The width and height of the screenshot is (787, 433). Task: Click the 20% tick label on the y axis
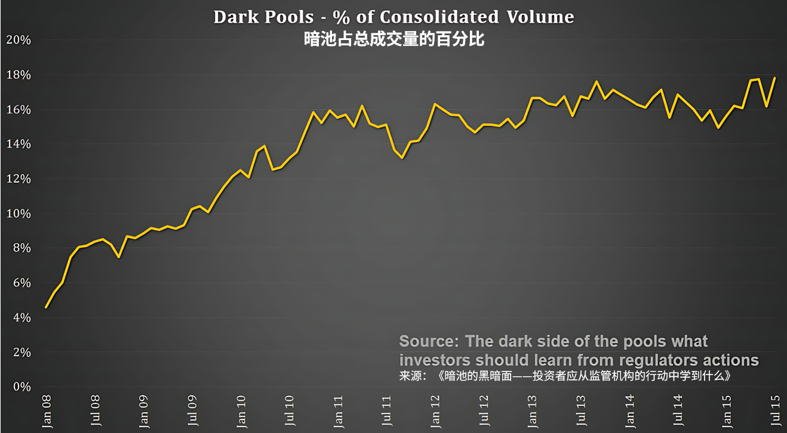click(18, 40)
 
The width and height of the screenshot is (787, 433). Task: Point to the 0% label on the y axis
click(21, 386)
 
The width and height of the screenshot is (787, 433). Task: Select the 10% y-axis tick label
click(18, 213)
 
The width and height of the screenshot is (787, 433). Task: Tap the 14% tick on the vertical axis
click(18, 144)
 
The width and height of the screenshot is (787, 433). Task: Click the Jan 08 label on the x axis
click(47, 410)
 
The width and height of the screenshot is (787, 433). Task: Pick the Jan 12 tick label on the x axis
click(435, 410)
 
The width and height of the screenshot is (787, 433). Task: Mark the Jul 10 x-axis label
click(290, 410)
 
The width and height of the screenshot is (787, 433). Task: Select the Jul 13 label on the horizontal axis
click(581, 410)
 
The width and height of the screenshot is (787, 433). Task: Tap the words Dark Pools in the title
click(263, 17)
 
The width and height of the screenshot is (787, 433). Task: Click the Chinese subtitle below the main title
click(393, 39)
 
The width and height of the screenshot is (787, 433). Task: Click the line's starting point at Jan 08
click(46, 308)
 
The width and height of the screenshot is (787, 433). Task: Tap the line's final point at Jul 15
click(775, 78)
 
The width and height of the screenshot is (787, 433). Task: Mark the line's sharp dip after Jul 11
click(402, 158)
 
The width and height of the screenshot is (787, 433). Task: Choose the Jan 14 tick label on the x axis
click(630, 410)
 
